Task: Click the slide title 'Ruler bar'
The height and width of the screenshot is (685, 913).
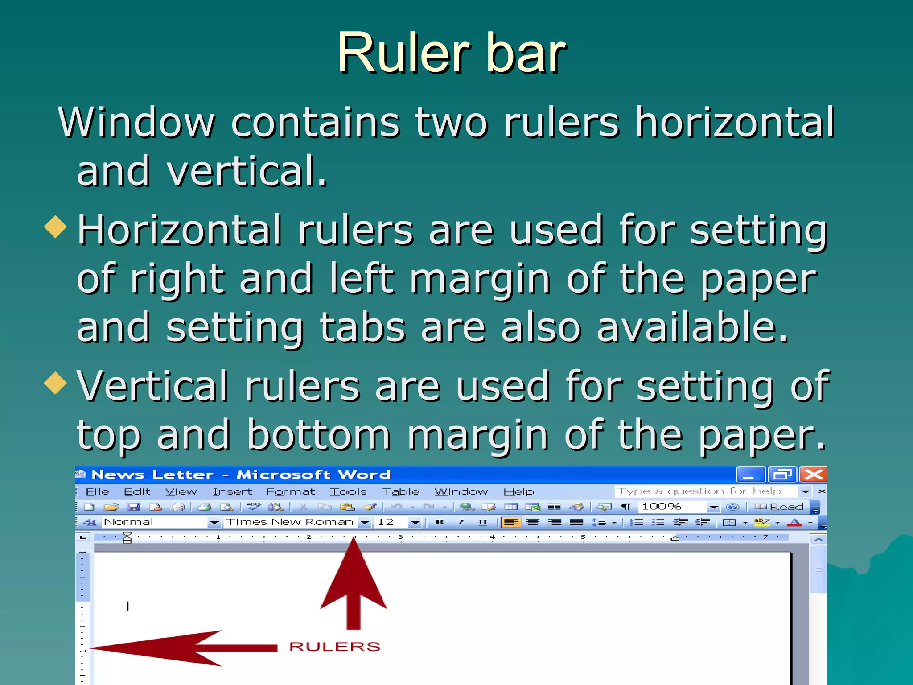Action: tap(451, 53)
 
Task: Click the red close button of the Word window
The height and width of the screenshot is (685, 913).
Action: tap(813, 475)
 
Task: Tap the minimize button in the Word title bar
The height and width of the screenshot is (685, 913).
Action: tap(750, 475)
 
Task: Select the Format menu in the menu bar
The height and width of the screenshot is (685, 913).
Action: tap(291, 491)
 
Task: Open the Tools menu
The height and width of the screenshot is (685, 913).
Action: tap(348, 491)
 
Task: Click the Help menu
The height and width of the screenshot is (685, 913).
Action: tap(518, 491)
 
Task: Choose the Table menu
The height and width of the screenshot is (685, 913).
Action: tap(400, 491)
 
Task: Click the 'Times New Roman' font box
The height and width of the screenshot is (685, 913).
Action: tap(290, 522)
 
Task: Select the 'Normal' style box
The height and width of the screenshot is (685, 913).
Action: tap(154, 522)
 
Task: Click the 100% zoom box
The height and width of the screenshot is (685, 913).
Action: tap(672, 507)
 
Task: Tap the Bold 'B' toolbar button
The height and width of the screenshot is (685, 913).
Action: tap(439, 522)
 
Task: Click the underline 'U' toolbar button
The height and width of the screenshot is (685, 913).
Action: tap(482, 522)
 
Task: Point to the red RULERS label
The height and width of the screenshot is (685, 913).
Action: tap(334, 646)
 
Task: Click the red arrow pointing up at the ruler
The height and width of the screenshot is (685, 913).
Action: tap(353, 584)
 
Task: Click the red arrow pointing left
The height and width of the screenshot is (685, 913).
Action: tap(178, 648)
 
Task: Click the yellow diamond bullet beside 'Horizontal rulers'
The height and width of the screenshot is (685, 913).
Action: tap(55, 226)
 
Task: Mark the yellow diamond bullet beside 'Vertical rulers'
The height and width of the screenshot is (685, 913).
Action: tap(55, 383)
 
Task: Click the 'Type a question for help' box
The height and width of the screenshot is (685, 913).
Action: tap(704, 491)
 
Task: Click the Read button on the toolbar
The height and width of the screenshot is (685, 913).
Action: tap(780, 507)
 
